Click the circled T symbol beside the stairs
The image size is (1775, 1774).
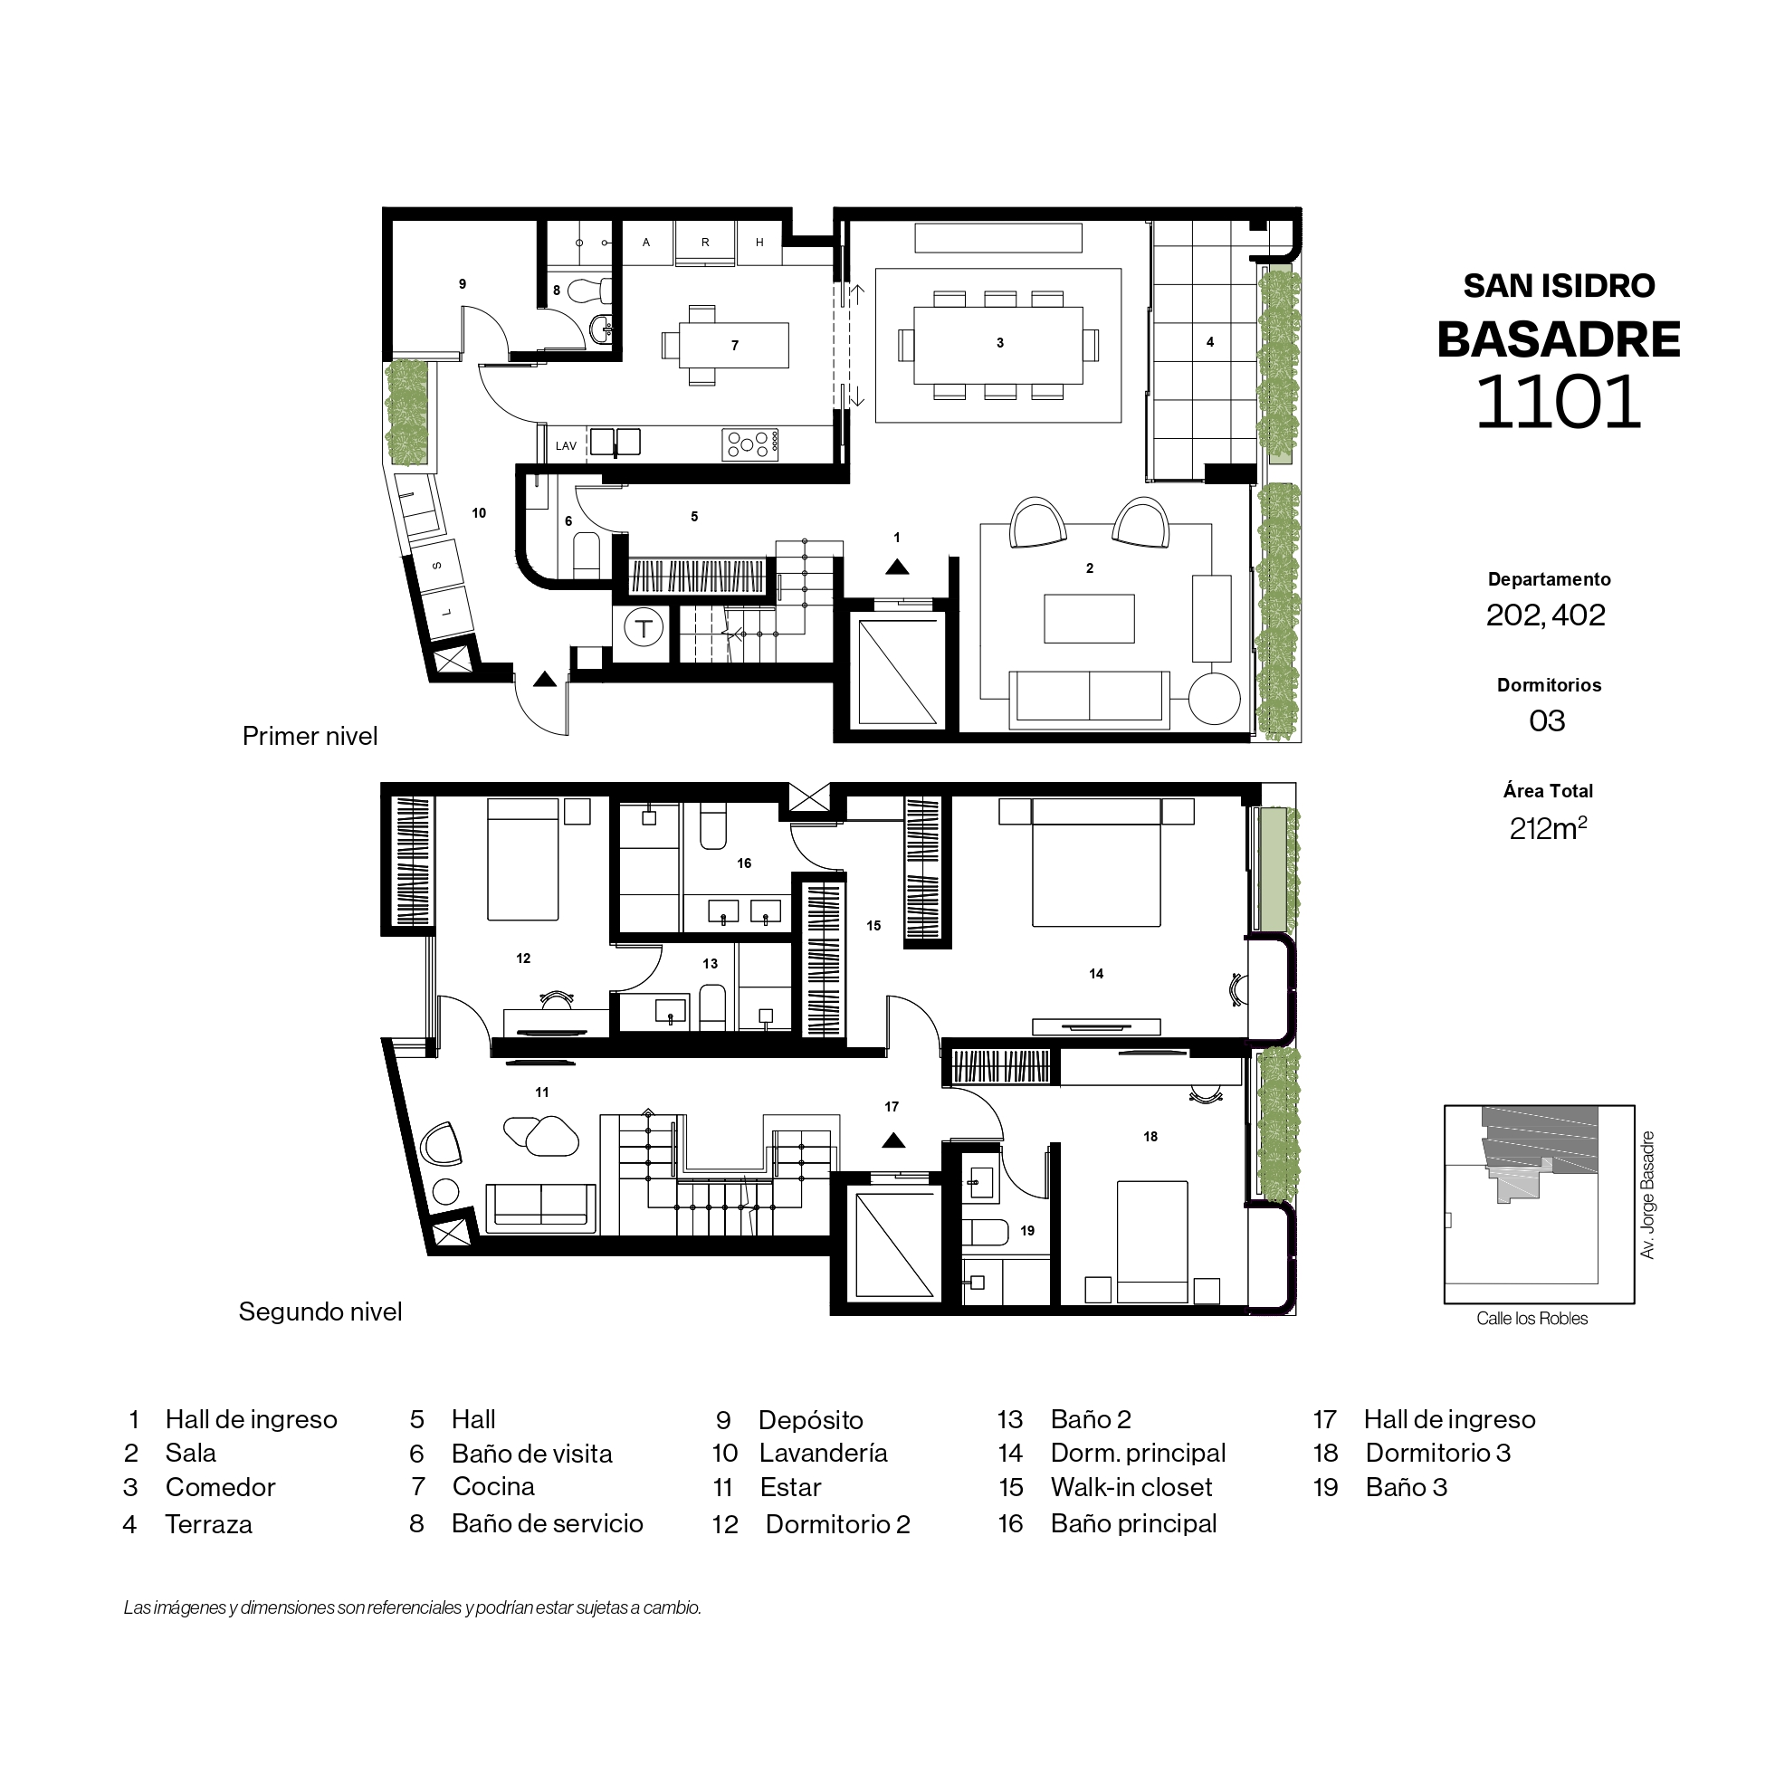[x=644, y=629]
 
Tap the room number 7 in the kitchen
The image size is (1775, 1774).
[x=735, y=347]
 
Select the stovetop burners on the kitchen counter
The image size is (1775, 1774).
[x=749, y=444]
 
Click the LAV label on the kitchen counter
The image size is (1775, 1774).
[x=566, y=446]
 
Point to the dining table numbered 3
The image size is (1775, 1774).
[x=998, y=345]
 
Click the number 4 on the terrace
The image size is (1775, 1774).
[x=1210, y=343]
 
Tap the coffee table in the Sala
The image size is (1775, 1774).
[x=1090, y=618]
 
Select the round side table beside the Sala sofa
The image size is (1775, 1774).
[x=1215, y=699]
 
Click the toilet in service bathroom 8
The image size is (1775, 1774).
[x=590, y=291]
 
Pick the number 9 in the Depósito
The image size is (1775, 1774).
[x=463, y=285]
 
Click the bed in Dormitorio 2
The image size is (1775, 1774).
[x=523, y=859]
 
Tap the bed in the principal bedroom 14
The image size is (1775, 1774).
[x=1096, y=863]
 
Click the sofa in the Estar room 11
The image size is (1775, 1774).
[x=541, y=1206]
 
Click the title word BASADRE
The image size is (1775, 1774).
[x=1558, y=340]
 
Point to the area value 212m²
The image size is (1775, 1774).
[x=1548, y=828]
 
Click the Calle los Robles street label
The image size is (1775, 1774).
[x=1532, y=1319]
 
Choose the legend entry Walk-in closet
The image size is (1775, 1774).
[x=1131, y=1487]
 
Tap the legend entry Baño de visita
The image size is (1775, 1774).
[x=532, y=1454]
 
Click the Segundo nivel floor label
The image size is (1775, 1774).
[x=320, y=1311]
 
